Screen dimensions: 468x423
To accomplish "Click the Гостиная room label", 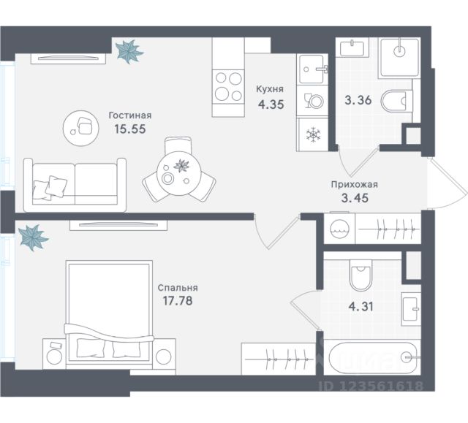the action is pyautogui.click(x=130, y=115).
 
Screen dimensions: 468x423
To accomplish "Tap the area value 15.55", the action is pyautogui.click(x=130, y=129).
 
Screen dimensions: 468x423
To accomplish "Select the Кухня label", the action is pyautogui.click(x=270, y=89).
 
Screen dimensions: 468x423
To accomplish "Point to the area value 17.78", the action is pyautogui.click(x=178, y=300).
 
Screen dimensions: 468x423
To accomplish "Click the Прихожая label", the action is pyautogui.click(x=354, y=185).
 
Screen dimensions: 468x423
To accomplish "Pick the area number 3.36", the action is pyautogui.click(x=358, y=100).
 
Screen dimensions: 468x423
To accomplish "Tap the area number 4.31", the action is pyautogui.click(x=361, y=306).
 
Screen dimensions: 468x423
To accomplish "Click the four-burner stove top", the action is pyautogui.click(x=228, y=86).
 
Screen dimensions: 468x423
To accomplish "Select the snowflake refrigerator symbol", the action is pyautogui.click(x=314, y=134).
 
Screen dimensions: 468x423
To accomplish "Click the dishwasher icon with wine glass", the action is pyautogui.click(x=313, y=101).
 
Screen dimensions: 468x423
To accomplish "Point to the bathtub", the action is pyautogui.click(x=372, y=357).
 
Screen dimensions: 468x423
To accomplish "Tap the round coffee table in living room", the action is pyautogui.click(x=81, y=128).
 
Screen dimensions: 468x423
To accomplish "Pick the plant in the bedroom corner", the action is pyautogui.click(x=32, y=237).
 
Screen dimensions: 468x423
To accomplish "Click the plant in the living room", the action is pyautogui.click(x=129, y=52).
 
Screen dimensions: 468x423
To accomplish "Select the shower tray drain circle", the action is pyautogui.click(x=399, y=51).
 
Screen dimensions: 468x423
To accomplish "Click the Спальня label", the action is pyautogui.click(x=178, y=288).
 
